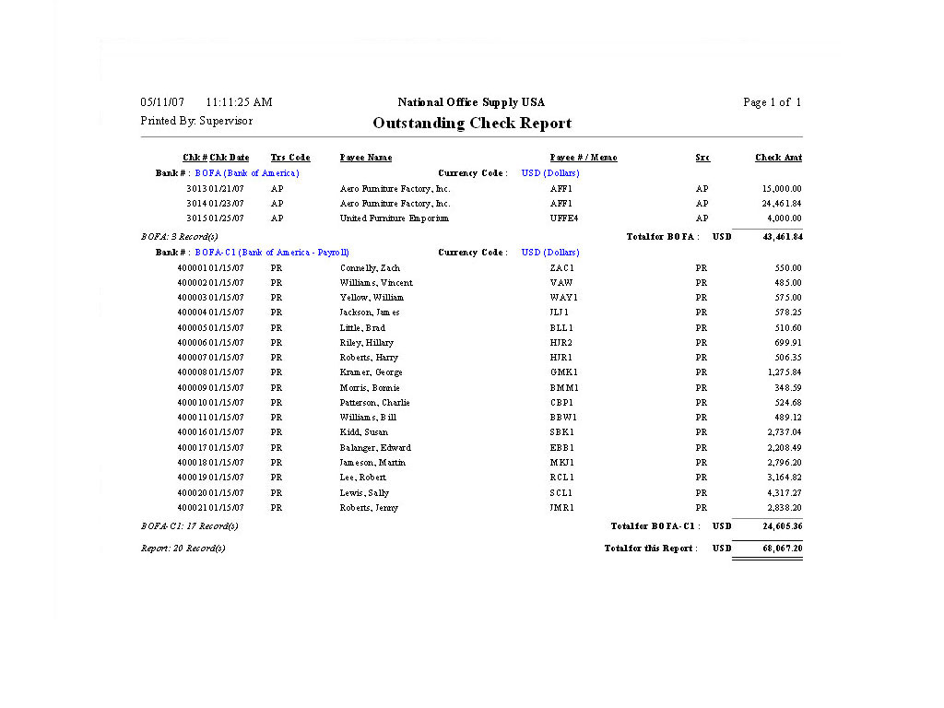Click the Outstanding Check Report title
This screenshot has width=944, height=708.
tap(472, 124)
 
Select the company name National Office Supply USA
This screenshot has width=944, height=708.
tap(471, 102)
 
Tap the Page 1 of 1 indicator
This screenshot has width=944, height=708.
tap(772, 102)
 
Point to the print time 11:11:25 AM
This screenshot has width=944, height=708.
tap(239, 102)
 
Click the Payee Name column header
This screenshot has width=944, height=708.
tap(366, 158)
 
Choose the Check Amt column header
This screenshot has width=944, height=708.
tap(778, 158)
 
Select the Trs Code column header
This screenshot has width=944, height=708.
tap(290, 158)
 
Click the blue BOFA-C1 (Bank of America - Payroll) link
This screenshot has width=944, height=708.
tap(272, 253)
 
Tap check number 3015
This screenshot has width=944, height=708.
tap(195, 218)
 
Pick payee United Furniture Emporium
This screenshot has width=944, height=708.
tap(394, 218)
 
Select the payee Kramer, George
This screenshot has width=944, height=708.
tap(372, 372)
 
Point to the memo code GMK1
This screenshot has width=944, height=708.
tap(563, 372)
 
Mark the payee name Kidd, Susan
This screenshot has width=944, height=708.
tap(364, 432)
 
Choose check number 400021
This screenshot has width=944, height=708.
tap(192, 508)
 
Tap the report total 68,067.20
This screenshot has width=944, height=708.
tap(781, 549)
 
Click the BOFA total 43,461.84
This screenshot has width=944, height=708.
tap(781, 237)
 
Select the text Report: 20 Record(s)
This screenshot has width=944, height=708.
tap(183, 549)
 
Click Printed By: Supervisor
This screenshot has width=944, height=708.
tap(196, 121)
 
